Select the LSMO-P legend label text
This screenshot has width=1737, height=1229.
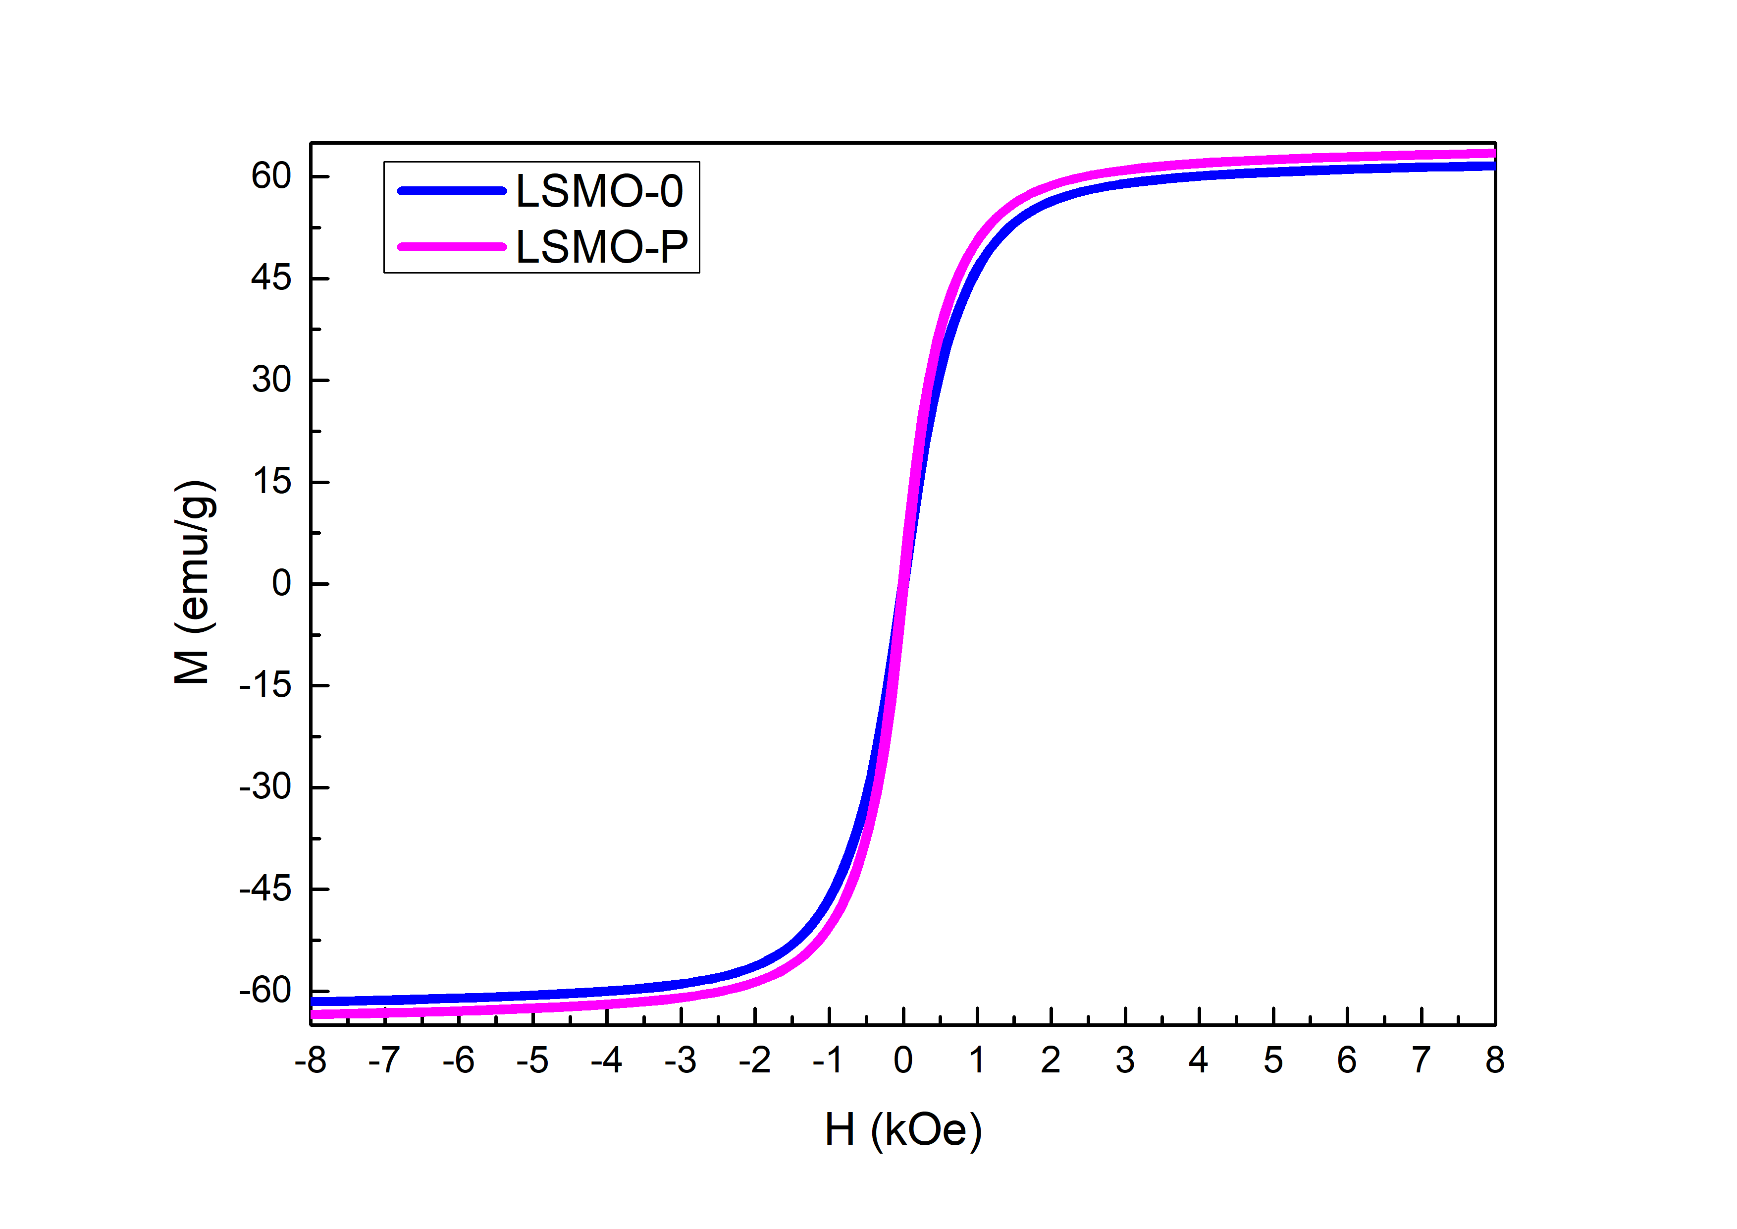(x=601, y=247)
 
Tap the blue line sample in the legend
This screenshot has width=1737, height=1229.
(x=452, y=191)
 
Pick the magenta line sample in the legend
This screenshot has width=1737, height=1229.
(x=452, y=247)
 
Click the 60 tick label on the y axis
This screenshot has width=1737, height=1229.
(x=271, y=176)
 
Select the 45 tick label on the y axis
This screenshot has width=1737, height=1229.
(x=271, y=279)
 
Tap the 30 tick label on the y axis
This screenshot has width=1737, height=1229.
(x=271, y=380)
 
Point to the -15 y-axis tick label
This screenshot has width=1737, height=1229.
(x=265, y=686)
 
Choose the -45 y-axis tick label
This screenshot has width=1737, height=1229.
(x=265, y=889)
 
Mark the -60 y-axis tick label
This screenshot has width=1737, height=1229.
(x=265, y=991)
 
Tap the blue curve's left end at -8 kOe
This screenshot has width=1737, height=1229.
(x=313, y=1001)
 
